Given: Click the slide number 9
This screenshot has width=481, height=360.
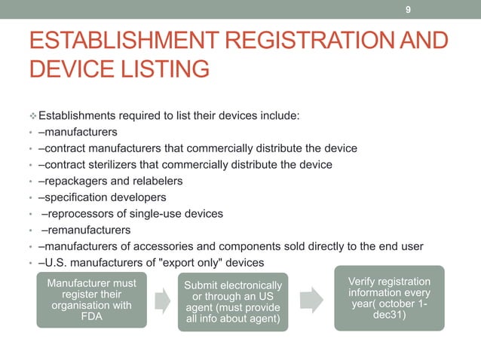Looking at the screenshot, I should pyautogui.click(x=408, y=10).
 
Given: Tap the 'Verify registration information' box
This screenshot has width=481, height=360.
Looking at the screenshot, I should pyautogui.click(x=389, y=297).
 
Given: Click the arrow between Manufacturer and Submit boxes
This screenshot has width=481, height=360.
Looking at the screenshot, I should pyautogui.click(x=161, y=301).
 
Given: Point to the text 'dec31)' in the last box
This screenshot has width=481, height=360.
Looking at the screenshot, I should pyautogui.click(x=389, y=316).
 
